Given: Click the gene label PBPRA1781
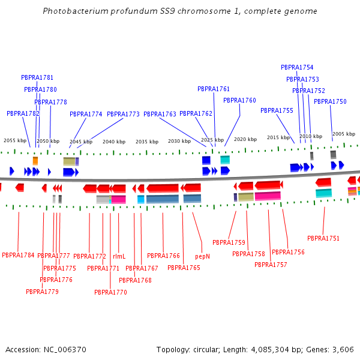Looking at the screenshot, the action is tap(37, 77).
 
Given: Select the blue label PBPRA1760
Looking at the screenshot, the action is tap(239, 100).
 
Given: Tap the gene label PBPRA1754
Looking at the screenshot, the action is tap(297, 67).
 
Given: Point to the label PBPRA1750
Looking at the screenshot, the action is tap(330, 101).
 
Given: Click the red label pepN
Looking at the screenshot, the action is tap(202, 256).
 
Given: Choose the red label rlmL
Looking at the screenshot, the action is tap(119, 256).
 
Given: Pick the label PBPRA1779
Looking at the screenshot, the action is tap(42, 292).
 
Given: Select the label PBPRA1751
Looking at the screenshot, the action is tap(323, 238).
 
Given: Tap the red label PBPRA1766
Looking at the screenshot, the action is tap(163, 256).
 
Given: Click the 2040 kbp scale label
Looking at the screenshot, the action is tap(114, 142).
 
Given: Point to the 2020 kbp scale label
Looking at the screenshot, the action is tap(245, 139).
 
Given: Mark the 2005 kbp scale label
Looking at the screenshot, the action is tap(344, 134).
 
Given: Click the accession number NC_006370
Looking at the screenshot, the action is tap(65, 349).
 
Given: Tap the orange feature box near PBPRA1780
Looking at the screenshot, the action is tap(35, 161).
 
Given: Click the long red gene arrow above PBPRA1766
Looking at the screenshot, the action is tap(163, 188).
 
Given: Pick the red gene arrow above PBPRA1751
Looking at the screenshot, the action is tap(323, 182).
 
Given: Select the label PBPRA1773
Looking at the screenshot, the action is tap(123, 114).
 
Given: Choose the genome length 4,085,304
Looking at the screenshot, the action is tap(270, 349).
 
